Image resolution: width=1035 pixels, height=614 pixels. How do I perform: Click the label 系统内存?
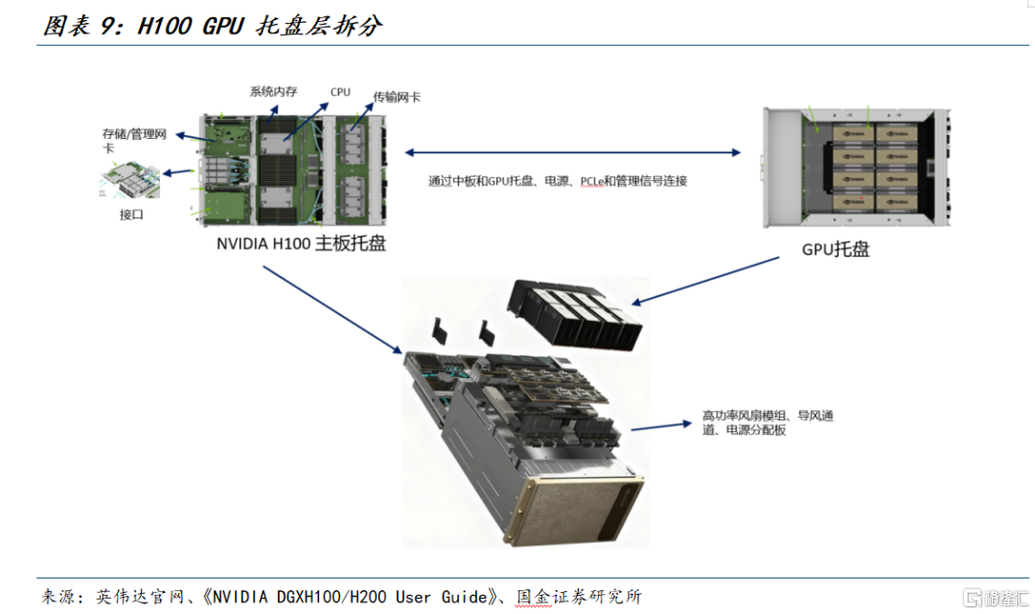click(273, 91)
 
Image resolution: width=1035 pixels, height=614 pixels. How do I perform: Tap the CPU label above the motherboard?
click(340, 92)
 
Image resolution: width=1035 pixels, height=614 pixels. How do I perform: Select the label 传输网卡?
click(397, 97)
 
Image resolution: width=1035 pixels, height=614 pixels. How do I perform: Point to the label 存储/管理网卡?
click(134, 140)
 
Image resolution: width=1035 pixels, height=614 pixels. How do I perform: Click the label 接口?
click(131, 215)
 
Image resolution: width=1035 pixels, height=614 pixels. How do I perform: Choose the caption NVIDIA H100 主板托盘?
click(301, 243)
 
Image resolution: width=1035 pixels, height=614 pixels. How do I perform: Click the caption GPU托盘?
click(836, 249)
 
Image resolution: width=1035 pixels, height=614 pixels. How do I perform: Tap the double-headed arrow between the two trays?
click(573, 151)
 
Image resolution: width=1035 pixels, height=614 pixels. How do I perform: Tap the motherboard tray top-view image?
click(293, 167)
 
